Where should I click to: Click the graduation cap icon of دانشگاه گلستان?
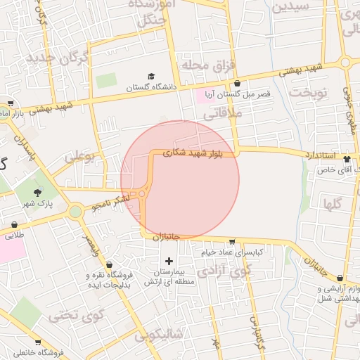[151, 77]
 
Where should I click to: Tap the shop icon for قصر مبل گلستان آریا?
[237, 83]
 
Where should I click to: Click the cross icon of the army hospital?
[168, 261]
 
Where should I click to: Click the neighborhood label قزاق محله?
[207, 65]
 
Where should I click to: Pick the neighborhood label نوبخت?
[309, 93]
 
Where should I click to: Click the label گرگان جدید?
[58, 58]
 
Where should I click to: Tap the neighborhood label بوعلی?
[79, 157]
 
